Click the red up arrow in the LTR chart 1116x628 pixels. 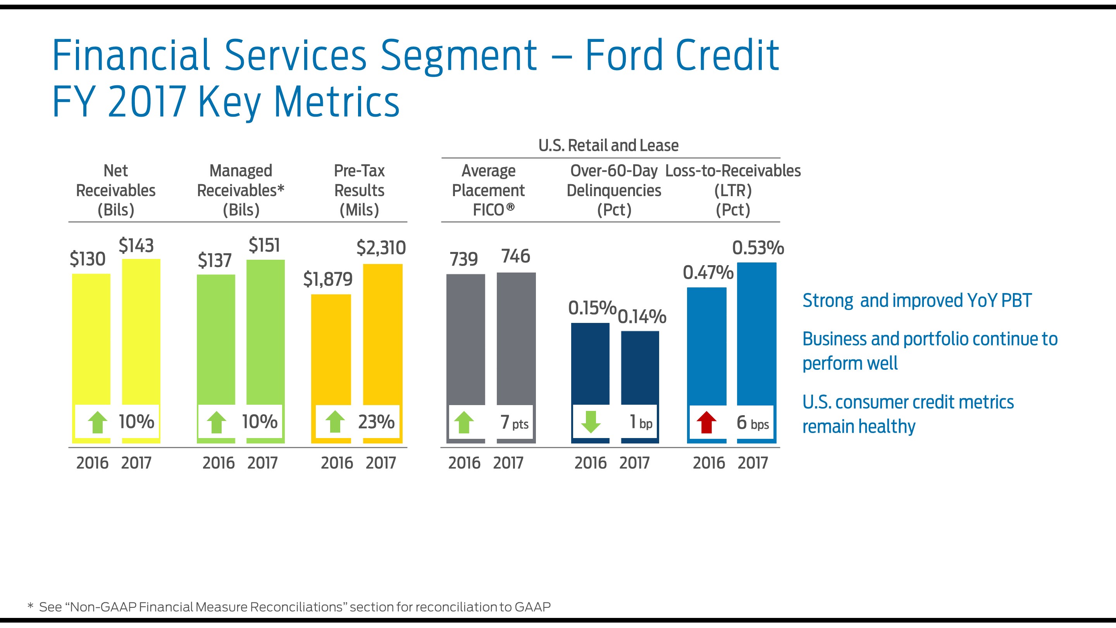[706, 422]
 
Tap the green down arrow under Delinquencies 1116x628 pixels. [591, 422]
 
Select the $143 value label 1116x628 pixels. [136, 246]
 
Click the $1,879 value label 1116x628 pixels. [328, 279]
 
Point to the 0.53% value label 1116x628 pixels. [758, 248]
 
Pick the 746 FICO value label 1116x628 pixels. [515, 256]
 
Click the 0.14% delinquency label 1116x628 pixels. [642, 316]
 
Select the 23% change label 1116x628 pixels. [376, 422]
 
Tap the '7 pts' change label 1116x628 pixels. [514, 423]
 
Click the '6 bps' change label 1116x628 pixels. [753, 423]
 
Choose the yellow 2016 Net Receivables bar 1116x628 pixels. [91, 338]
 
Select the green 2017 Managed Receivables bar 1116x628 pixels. [265, 330]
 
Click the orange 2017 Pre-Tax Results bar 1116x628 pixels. [382, 334]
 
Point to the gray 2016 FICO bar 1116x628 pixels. [465, 338]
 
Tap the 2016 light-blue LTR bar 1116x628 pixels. [706, 347]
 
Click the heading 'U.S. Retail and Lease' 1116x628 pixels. [608, 146]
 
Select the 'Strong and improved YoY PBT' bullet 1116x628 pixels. [917, 301]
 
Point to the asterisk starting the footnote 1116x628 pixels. [30, 606]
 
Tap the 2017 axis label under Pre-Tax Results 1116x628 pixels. [381, 463]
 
